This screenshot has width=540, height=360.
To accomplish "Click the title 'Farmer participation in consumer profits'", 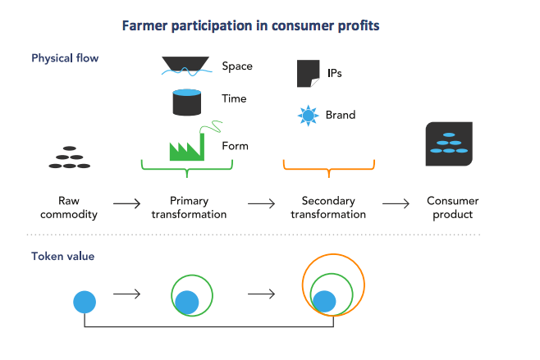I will [x=250, y=25].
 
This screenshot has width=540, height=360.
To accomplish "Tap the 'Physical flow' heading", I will [x=65, y=58].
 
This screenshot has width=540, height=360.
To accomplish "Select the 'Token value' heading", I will [x=62, y=256].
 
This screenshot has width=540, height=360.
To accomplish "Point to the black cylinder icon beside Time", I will [x=188, y=102].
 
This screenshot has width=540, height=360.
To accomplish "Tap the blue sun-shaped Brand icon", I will [x=308, y=116].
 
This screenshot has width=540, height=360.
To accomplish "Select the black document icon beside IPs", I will [x=308, y=73].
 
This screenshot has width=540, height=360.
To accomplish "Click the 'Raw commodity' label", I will [x=79, y=207].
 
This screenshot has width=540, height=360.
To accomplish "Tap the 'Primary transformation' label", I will [x=189, y=207].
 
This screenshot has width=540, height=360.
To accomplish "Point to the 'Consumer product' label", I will [x=453, y=207].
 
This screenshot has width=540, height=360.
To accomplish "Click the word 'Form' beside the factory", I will [x=235, y=146].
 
